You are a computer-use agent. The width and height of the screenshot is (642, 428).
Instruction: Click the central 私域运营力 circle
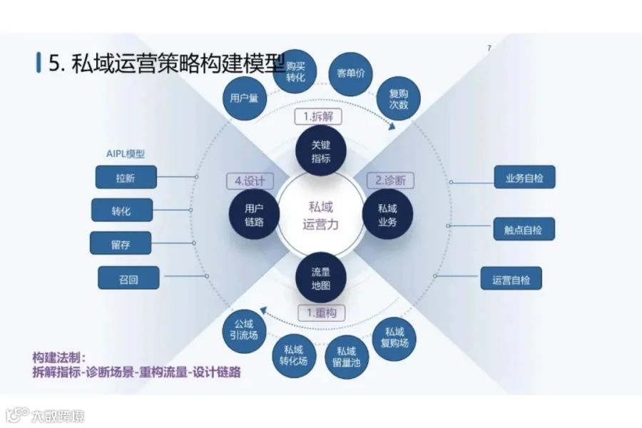(321, 215)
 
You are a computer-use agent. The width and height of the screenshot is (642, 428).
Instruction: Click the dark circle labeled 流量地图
(320, 278)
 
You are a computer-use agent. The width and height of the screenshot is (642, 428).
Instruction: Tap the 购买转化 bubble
(295, 71)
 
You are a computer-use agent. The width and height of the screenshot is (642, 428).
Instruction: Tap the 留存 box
(121, 243)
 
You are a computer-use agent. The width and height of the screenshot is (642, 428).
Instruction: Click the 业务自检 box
(524, 177)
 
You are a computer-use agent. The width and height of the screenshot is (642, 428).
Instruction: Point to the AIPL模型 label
(124, 153)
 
